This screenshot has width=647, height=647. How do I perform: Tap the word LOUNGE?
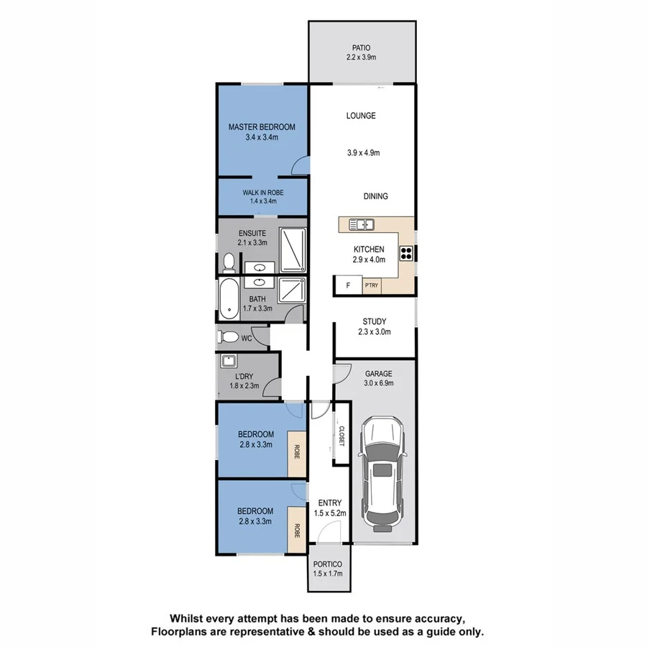pos(361,116)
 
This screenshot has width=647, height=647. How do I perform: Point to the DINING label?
pos(375,196)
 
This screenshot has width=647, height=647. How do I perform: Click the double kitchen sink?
pos(362,224)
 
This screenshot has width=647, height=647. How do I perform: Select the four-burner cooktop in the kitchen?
pos(406,252)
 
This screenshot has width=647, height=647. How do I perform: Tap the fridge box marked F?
pos(348,286)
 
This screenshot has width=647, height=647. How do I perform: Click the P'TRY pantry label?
pos(372,286)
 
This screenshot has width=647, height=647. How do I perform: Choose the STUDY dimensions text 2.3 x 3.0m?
pos(374,332)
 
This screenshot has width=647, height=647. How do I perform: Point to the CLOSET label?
pos(341,436)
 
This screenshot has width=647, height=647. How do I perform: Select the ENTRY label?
pos(329,503)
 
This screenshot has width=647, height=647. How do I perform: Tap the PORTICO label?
pos(328,564)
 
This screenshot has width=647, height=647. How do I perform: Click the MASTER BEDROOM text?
pos(262,127)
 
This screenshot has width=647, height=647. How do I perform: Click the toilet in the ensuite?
pos(228,262)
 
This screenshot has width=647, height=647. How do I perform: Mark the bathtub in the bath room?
pos(229,299)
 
